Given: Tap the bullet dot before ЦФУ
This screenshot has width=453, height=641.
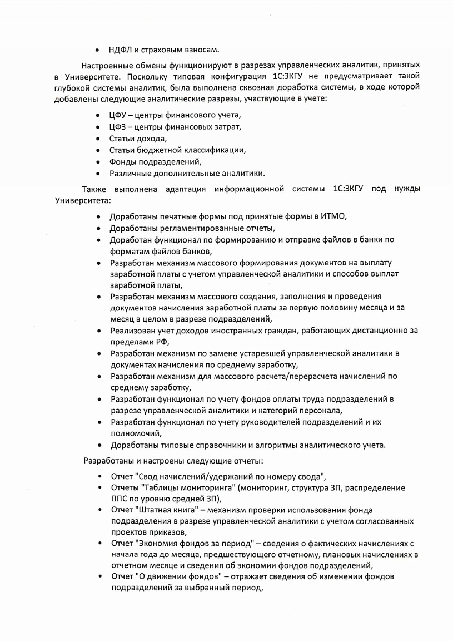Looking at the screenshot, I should click(x=98, y=115).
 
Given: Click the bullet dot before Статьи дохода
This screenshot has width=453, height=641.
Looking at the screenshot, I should click(x=98, y=139).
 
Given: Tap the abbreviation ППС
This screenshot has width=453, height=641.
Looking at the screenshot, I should click(x=120, y=499).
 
